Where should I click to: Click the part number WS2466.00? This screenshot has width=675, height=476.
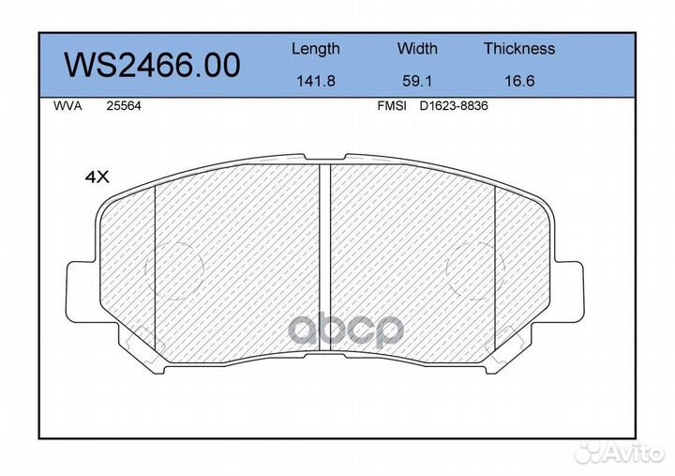coord(152,65)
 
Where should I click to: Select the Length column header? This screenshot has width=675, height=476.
coord(316,49)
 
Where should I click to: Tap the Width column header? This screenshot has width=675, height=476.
coord(416,48)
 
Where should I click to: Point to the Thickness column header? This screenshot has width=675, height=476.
coord(519,48)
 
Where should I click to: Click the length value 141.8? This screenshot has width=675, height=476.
coord(316,81)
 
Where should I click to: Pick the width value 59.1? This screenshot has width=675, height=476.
coord(416,81)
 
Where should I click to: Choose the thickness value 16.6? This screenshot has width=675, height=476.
coord(519,81)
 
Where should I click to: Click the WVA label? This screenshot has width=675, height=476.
coord(67,106)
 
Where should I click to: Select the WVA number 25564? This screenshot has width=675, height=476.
coord(124,106)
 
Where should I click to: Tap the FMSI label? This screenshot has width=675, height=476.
coord(392,106)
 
